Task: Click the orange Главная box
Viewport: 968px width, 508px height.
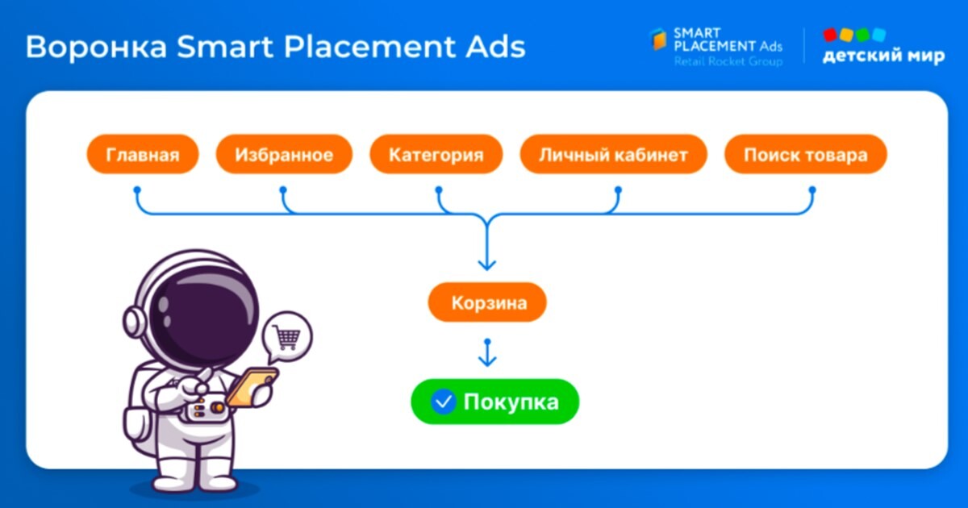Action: pos(143,154)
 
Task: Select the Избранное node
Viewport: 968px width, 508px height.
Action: pos(284,154)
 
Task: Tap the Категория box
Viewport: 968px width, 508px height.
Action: pos(436,154)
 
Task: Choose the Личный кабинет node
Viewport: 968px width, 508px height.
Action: pos(613,154)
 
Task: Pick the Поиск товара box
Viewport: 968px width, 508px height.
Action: pos(806,154)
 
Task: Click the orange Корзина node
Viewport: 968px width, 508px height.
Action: pos(487,302)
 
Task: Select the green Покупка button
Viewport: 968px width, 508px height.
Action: pos(494,402)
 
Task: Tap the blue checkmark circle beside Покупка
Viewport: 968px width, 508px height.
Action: pos(443,402)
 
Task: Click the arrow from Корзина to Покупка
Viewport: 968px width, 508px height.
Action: pos(487,353)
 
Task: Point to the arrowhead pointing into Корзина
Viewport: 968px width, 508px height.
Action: pos(487,264)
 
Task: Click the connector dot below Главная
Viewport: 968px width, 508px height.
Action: pos(137,189)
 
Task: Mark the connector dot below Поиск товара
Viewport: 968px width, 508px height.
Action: pos(812,189)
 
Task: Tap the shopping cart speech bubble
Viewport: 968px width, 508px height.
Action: pos(286,336)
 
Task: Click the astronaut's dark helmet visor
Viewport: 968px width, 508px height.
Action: pos(203,315)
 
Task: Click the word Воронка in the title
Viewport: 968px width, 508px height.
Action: pos(96,47)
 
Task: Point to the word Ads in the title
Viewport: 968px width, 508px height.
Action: pos(495,47)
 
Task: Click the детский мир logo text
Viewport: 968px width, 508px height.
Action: pos(884,56)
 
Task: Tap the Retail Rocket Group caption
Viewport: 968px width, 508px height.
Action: pos(728,61)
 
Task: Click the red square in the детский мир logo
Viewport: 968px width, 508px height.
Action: pos(830,35)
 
